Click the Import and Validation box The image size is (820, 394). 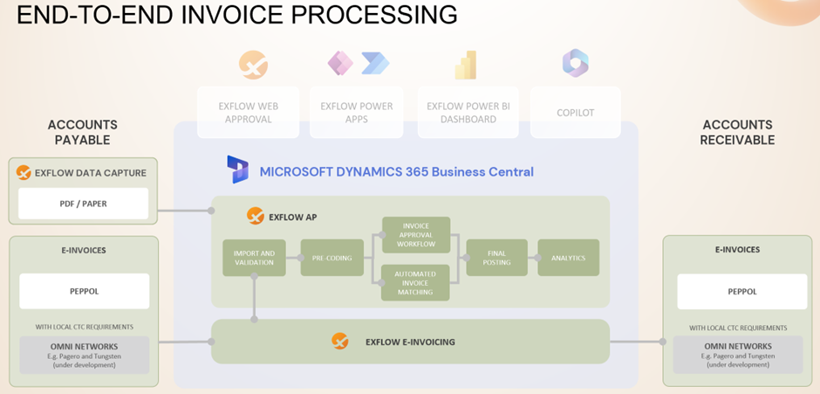click(x=254, y=258)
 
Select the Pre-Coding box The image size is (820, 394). click(x=332, y=258)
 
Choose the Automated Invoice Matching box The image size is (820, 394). click(x=415, y=282)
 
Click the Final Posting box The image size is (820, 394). click(x=496, y=258)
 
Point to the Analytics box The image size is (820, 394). click(x=569, y=258)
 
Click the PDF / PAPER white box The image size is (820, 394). click(x=84, y=204)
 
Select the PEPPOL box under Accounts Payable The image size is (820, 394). click(x=84, y=291)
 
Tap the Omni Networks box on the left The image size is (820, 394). click(x=84, y=355)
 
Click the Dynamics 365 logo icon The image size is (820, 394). click(x=237, y=169)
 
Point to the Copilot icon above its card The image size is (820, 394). click(x=575, y=62)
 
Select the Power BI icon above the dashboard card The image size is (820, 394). click(x=465, y=65)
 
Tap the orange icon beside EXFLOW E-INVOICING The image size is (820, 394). click(x=340, y=342)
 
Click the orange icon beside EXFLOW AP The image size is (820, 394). click(x=256, y=215)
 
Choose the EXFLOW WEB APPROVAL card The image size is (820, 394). click(x=249, y=112)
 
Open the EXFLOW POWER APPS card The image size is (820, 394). click(x=357, y=112)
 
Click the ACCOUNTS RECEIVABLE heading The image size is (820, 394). click(x=737, y=132)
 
